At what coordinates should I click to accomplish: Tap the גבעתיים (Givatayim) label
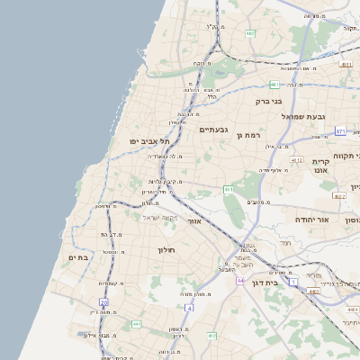click(x=212, y=130)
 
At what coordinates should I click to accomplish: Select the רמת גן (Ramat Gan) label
click(x=248, y=135)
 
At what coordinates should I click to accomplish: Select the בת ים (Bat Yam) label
click(x=78, y=257)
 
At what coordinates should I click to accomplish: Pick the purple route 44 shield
click(x=240, y=281)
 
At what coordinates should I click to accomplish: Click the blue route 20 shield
click(x=104, y=302)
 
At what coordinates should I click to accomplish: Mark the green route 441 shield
click(x=136, y=324)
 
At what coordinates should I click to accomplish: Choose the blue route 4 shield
click(x=190, y=309)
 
